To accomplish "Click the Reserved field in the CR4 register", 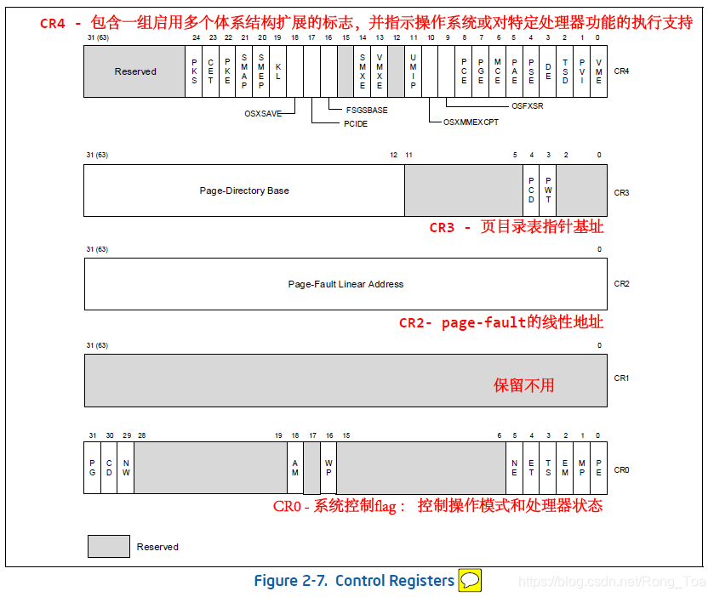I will click(x=135, y=71).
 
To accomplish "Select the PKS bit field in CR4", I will click(x=194, y=71).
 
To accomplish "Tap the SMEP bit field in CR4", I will click(x=261, y=71).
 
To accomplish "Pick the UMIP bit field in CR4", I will click(x=413, y=71).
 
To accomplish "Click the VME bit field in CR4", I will click(x=599, y=71).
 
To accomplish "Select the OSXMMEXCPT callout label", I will click(x=471, y=122).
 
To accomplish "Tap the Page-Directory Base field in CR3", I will click(x=244, y=190).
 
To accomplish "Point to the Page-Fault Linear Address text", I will click(x=346, y=284).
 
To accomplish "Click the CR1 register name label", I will click(x=621, y=377).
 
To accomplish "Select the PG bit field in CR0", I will click(x=92, y=469).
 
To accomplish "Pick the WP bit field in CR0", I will click(x=328, y=469).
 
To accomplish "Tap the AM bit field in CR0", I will click(x=295, y=469).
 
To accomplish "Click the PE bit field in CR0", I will click(x=599, y=469).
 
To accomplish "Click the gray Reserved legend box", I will click(x=109, y=546).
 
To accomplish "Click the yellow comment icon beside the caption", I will click(x=470, y=581).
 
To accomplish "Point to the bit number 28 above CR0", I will click(x=142, y=435).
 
